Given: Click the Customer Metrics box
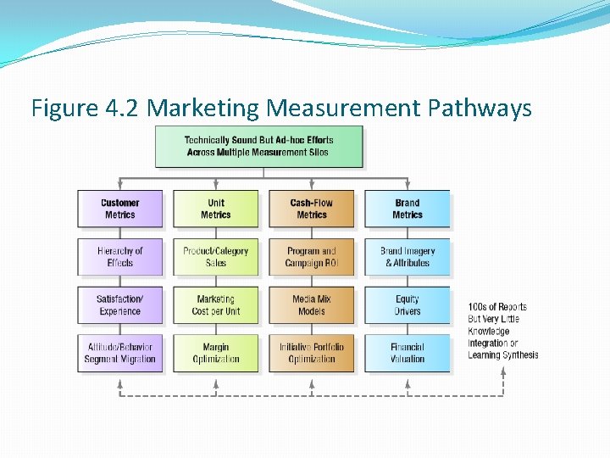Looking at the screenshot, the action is click(x=119, y=209).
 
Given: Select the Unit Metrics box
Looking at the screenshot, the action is click(x=215, y=209).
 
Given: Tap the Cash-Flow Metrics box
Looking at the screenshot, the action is click(x=311, y=209).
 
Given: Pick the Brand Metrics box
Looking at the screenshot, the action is click(x=407, y=209).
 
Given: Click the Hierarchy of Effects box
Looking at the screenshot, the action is click(x=119, y=257).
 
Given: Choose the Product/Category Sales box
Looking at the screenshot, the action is click(x=215, y=257).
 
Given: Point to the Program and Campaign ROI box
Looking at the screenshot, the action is click(x=311, y=257).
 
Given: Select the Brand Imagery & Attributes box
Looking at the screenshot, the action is click(x=407, y=257).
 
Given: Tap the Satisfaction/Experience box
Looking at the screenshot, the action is click(x=119, y=305).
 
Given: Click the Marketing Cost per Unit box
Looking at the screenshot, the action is click(x=215, y=305).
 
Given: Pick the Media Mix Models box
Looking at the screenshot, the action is click(x=311, y=305).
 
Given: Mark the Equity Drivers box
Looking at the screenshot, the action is click(x=407, y=305).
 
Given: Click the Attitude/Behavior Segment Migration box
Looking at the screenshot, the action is click(x=119, y=353).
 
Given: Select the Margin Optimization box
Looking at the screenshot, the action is click(x=215, y=353).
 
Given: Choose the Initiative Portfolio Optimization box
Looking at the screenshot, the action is click(x=311, y=353).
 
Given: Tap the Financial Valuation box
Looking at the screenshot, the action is click(x=407, y=353).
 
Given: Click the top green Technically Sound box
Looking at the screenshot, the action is click(x=258, y=146).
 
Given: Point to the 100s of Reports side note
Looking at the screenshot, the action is click(x=502, y=331).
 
